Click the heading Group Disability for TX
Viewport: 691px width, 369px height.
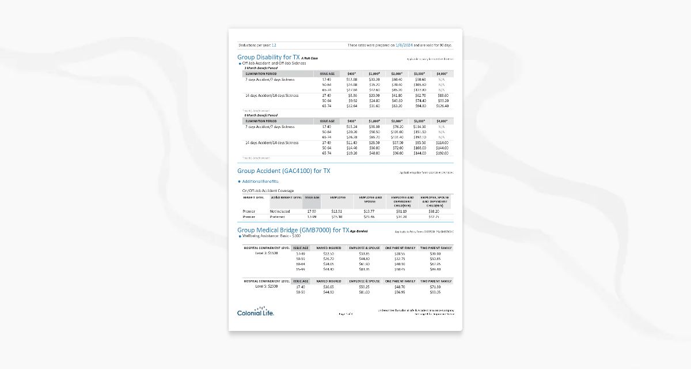click(268, 57)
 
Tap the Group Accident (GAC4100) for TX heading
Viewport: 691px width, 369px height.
click(284, 171)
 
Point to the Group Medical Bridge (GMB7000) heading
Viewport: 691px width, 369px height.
click(293, 230)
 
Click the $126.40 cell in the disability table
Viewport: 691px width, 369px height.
click(442, 106)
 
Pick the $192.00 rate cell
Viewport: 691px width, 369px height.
click(442, 153)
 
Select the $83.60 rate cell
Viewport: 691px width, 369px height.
click(442, 96)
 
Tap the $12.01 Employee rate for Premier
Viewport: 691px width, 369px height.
click(337, 212)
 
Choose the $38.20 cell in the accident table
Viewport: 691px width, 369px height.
click(434, 212)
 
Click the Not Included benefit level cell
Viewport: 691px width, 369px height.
click(280, 212)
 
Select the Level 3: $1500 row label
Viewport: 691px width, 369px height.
click(267, 253)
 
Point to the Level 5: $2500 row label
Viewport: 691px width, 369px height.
click(267, 287)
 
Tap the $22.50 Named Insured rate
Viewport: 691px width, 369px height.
click(328, 253)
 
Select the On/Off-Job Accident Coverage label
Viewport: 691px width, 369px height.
click(268, 190)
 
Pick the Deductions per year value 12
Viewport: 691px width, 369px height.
click(274, 44)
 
